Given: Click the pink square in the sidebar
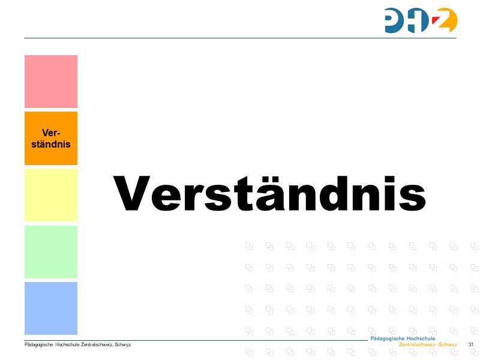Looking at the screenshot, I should pos(51,82).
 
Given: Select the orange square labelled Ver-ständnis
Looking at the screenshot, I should pos(51,138).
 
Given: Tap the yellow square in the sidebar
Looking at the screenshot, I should pos(51,195).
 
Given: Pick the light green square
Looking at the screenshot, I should pos(51,251).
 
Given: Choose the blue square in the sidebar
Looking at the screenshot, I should pos(51,308).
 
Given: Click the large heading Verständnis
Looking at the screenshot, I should pos(269,193).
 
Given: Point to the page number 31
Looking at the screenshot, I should pos(471,344).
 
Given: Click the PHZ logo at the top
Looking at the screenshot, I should pos(421,20).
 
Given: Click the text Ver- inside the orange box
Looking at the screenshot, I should pos(51,133).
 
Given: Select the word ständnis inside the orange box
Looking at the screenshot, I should pos(51,144).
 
